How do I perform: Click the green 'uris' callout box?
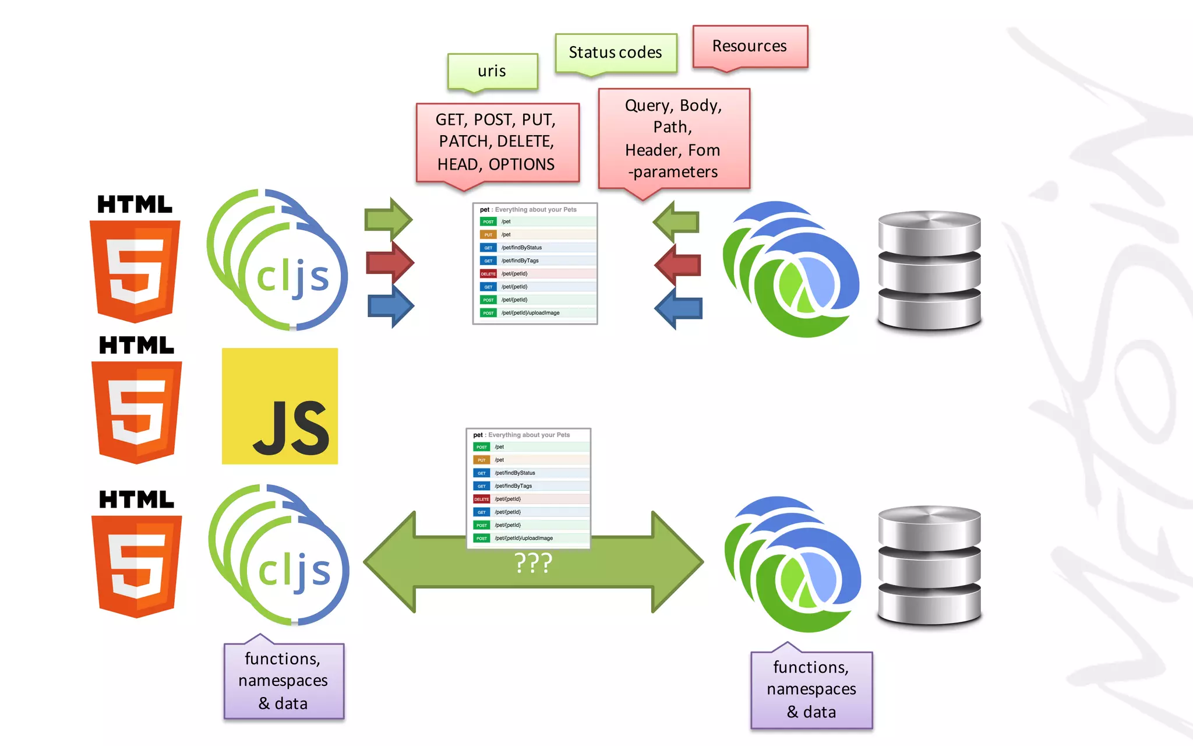point(492,71)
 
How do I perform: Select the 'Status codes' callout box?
point(615,52)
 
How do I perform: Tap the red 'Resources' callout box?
point(749,46)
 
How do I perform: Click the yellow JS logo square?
point(280,406)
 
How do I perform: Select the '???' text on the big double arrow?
point(533,563)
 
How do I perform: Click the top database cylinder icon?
point(929,271)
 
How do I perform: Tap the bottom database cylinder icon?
point(929,565)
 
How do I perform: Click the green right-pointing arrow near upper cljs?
point(389,220)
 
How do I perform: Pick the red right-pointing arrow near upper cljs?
point(390,263)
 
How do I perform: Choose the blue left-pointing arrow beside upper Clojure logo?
point(679,308)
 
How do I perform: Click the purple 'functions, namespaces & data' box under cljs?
point(284,681)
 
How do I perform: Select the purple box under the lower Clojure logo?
point(811,689)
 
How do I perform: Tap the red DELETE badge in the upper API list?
point(488,274)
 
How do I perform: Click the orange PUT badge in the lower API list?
point(481,460)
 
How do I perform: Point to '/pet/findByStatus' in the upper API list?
point(521,248)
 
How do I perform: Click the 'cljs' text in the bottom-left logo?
point(294,571)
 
